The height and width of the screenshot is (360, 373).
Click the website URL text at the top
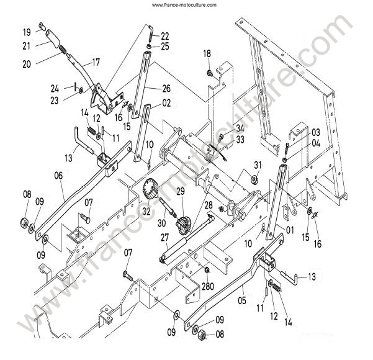184,5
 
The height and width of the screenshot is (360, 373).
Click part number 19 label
27,32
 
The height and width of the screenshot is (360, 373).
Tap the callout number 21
27,46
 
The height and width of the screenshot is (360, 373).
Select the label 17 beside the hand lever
96,62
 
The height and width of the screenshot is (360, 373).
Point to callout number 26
166,88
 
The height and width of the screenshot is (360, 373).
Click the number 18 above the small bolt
207,54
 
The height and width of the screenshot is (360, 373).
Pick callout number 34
240,128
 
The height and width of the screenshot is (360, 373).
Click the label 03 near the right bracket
316,133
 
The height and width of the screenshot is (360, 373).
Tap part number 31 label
258,165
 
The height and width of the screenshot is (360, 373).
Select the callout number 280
208,287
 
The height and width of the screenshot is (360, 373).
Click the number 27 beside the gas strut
164,238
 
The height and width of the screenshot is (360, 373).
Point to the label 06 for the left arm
58,176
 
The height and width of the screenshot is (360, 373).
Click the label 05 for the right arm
242,300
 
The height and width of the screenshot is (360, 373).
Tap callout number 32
146,212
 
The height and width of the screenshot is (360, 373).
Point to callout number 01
290,230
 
